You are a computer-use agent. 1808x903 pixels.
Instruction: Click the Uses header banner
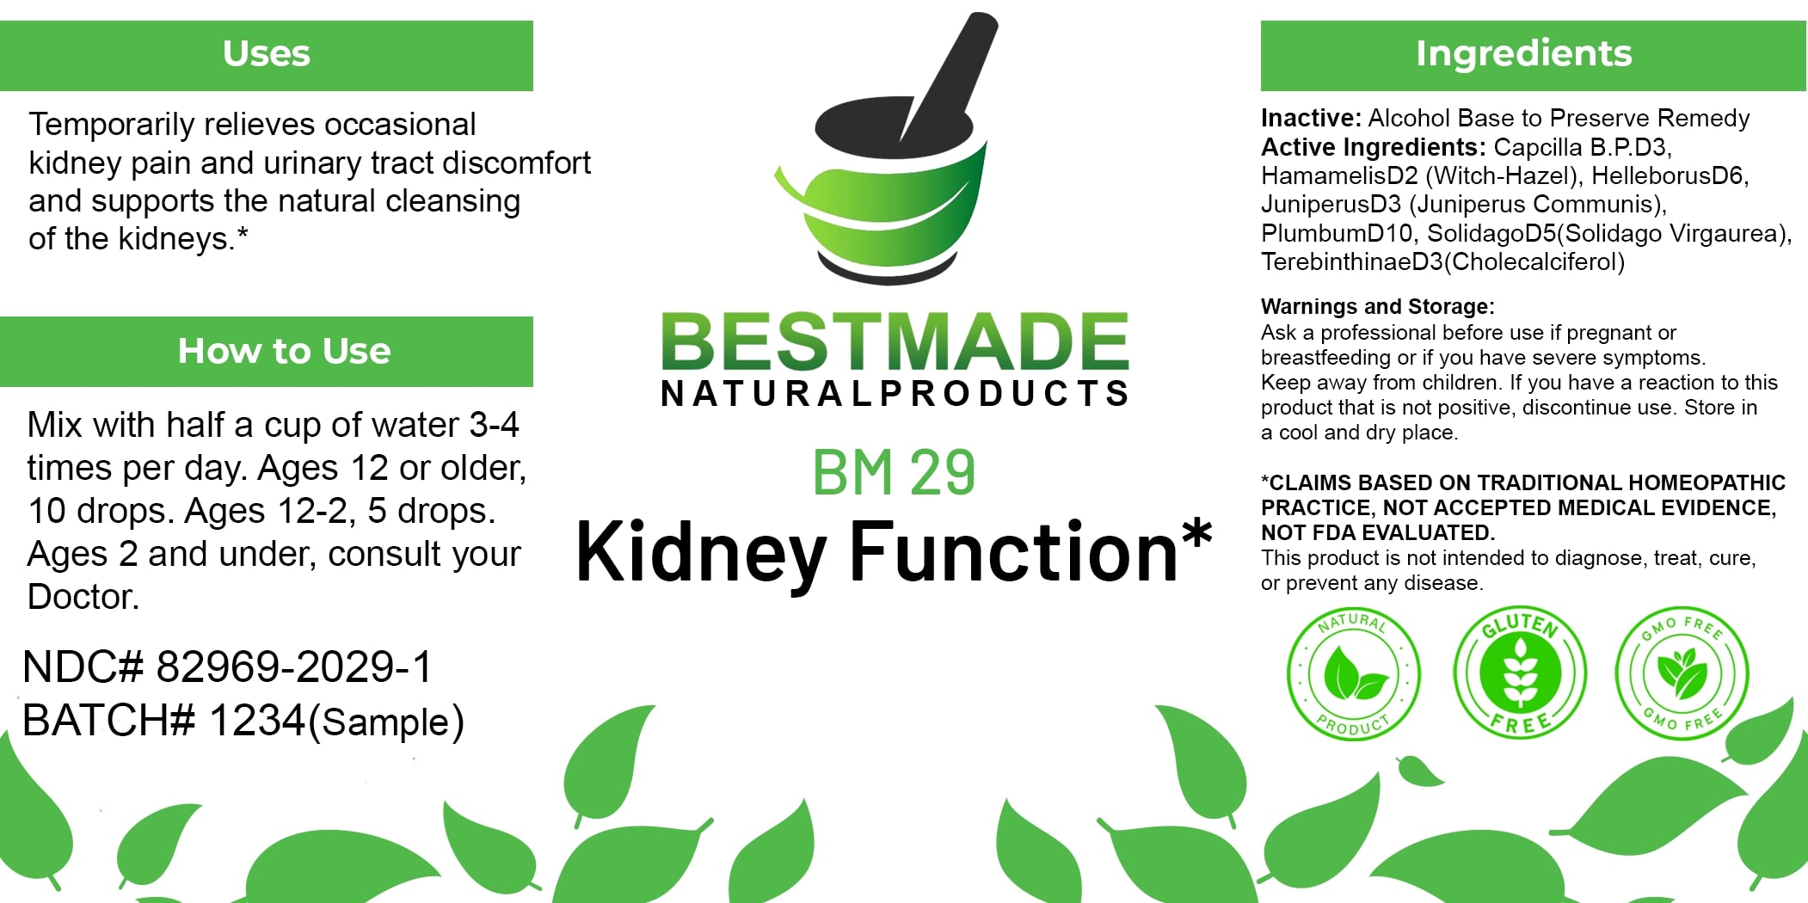267,56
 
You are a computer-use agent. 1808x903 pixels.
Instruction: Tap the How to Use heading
284,351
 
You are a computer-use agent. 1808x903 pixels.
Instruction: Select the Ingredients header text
1523,53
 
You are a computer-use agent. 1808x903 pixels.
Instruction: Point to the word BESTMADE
895,341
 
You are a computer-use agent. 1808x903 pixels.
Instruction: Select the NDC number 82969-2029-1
294,667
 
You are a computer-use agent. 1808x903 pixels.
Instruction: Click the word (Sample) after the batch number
386,722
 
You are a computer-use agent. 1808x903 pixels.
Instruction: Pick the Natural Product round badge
1353,673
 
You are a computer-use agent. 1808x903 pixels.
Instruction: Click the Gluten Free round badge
1520,672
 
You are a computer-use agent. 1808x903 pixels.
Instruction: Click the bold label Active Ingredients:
1374,147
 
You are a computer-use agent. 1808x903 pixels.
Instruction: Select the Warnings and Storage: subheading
1378,306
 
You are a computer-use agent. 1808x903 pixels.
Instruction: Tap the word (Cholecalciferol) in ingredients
1534,261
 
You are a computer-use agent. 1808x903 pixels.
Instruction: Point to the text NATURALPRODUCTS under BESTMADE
895,393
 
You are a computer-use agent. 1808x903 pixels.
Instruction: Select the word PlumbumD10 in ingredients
1337,233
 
